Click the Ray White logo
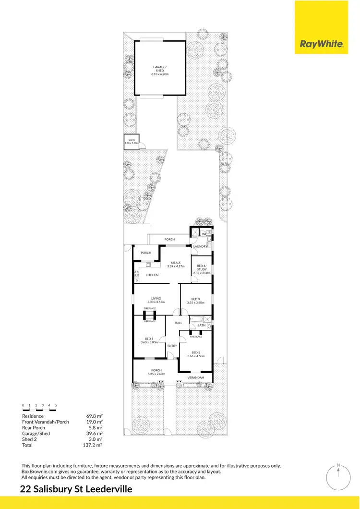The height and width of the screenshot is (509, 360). [321, 44]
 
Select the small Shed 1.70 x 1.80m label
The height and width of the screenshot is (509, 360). [131, 142]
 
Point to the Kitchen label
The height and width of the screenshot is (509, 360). [152, 275]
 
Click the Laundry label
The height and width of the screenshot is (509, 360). [200, 246]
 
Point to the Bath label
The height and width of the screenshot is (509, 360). [202, 326]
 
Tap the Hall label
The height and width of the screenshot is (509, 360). [178, 323]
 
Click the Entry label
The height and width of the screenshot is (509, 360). [172, 346]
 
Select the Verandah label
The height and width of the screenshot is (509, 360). [196, 378]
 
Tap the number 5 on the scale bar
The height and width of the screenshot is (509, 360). [56, 406]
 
